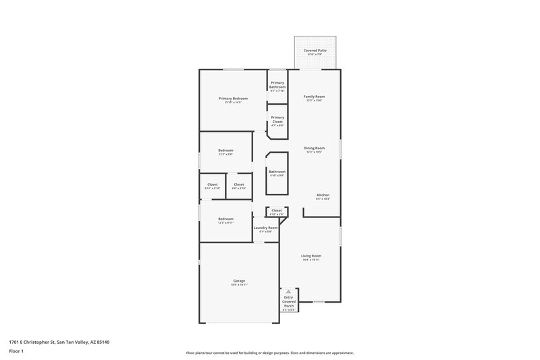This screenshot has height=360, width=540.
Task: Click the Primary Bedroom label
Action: tap(230, 99)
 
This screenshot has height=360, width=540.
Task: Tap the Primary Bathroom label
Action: tap(277, 84)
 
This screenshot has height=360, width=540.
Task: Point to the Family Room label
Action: tap(314, 97)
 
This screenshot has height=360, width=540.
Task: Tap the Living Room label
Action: tap(311, 256)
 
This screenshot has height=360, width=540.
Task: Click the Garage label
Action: tap(239, 281)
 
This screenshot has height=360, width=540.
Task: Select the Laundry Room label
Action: tap(265, 228)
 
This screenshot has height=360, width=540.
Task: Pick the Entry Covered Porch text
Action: tap(288, 302)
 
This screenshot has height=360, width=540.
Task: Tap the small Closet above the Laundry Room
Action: tap(276, 211)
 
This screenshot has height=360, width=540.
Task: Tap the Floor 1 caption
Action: tap(15, 352)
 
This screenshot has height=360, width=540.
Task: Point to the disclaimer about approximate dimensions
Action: tap(269, 353)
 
